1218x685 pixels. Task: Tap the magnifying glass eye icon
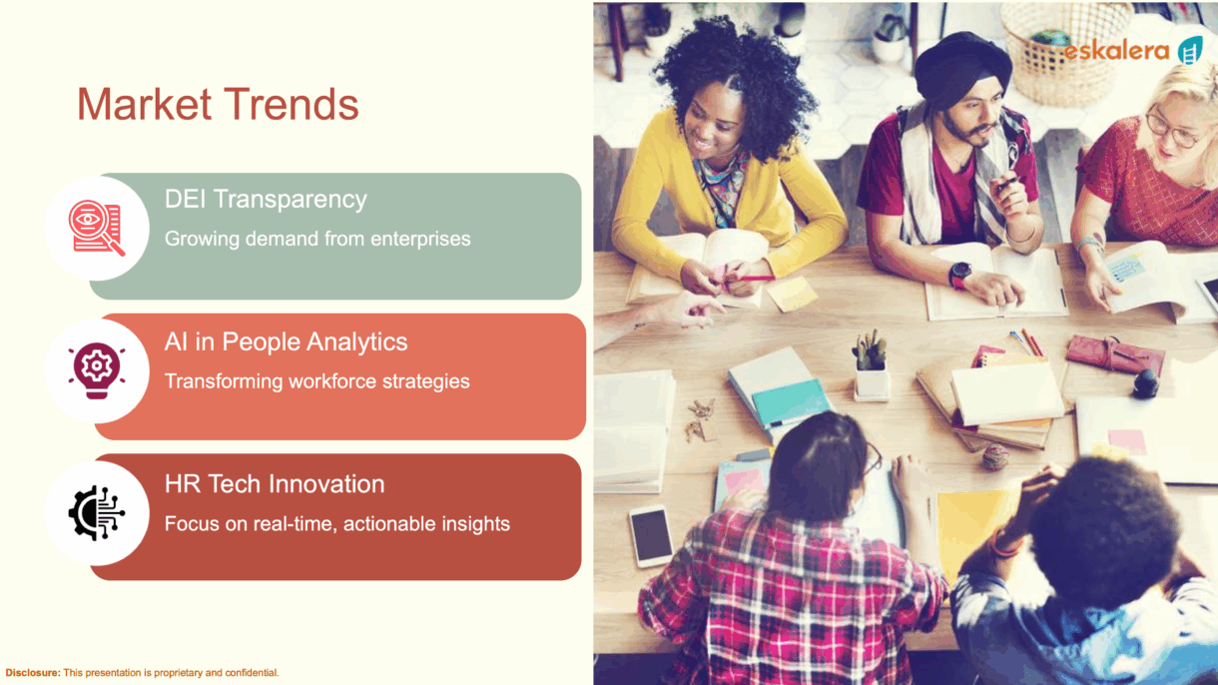coord(96,228)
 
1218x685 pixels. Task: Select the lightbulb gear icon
coord(96,369)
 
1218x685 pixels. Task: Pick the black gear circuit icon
coord(96,512)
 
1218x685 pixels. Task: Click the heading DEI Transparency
coord(266,199)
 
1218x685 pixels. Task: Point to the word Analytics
coord(356,342)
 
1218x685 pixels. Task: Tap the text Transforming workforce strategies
coord(317,381)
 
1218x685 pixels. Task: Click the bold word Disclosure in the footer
coord(33,672)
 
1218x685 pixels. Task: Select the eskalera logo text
coord(1116,51)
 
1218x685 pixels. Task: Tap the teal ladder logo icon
coord(1190,50)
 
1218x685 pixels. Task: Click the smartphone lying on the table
coord(651,536)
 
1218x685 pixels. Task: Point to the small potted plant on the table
coord(872,365)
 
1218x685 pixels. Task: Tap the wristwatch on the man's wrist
coord(960,275)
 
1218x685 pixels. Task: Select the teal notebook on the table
coord(791,402)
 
